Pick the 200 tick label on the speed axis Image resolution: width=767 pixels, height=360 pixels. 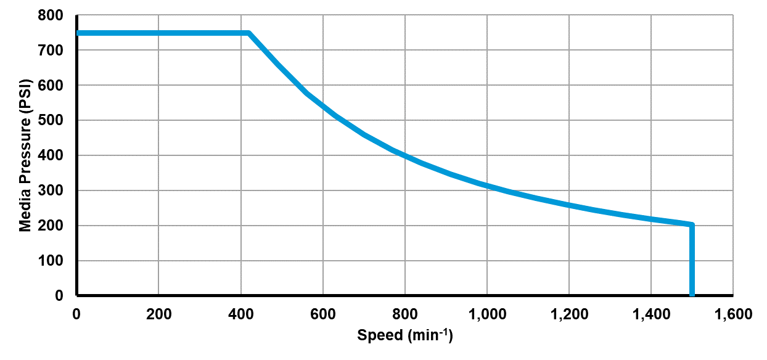point(158,314)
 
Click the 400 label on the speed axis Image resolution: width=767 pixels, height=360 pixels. point(240,314)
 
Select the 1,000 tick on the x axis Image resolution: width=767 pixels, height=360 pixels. point(486,314)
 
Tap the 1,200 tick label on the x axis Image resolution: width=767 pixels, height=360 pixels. point(568,314)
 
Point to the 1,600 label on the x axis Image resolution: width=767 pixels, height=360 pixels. point(732,314)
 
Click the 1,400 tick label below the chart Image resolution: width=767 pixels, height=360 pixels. point(650,314)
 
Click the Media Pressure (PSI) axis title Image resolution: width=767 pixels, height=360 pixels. point(25,155)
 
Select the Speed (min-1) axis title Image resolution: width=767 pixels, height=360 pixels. point(404,335)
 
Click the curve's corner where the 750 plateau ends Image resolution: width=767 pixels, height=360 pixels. point(248,33)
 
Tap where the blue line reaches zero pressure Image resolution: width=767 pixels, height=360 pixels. point(692,295)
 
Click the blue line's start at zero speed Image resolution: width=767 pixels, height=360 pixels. point(78,33)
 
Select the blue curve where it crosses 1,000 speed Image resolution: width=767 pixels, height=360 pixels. point(486,186)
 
